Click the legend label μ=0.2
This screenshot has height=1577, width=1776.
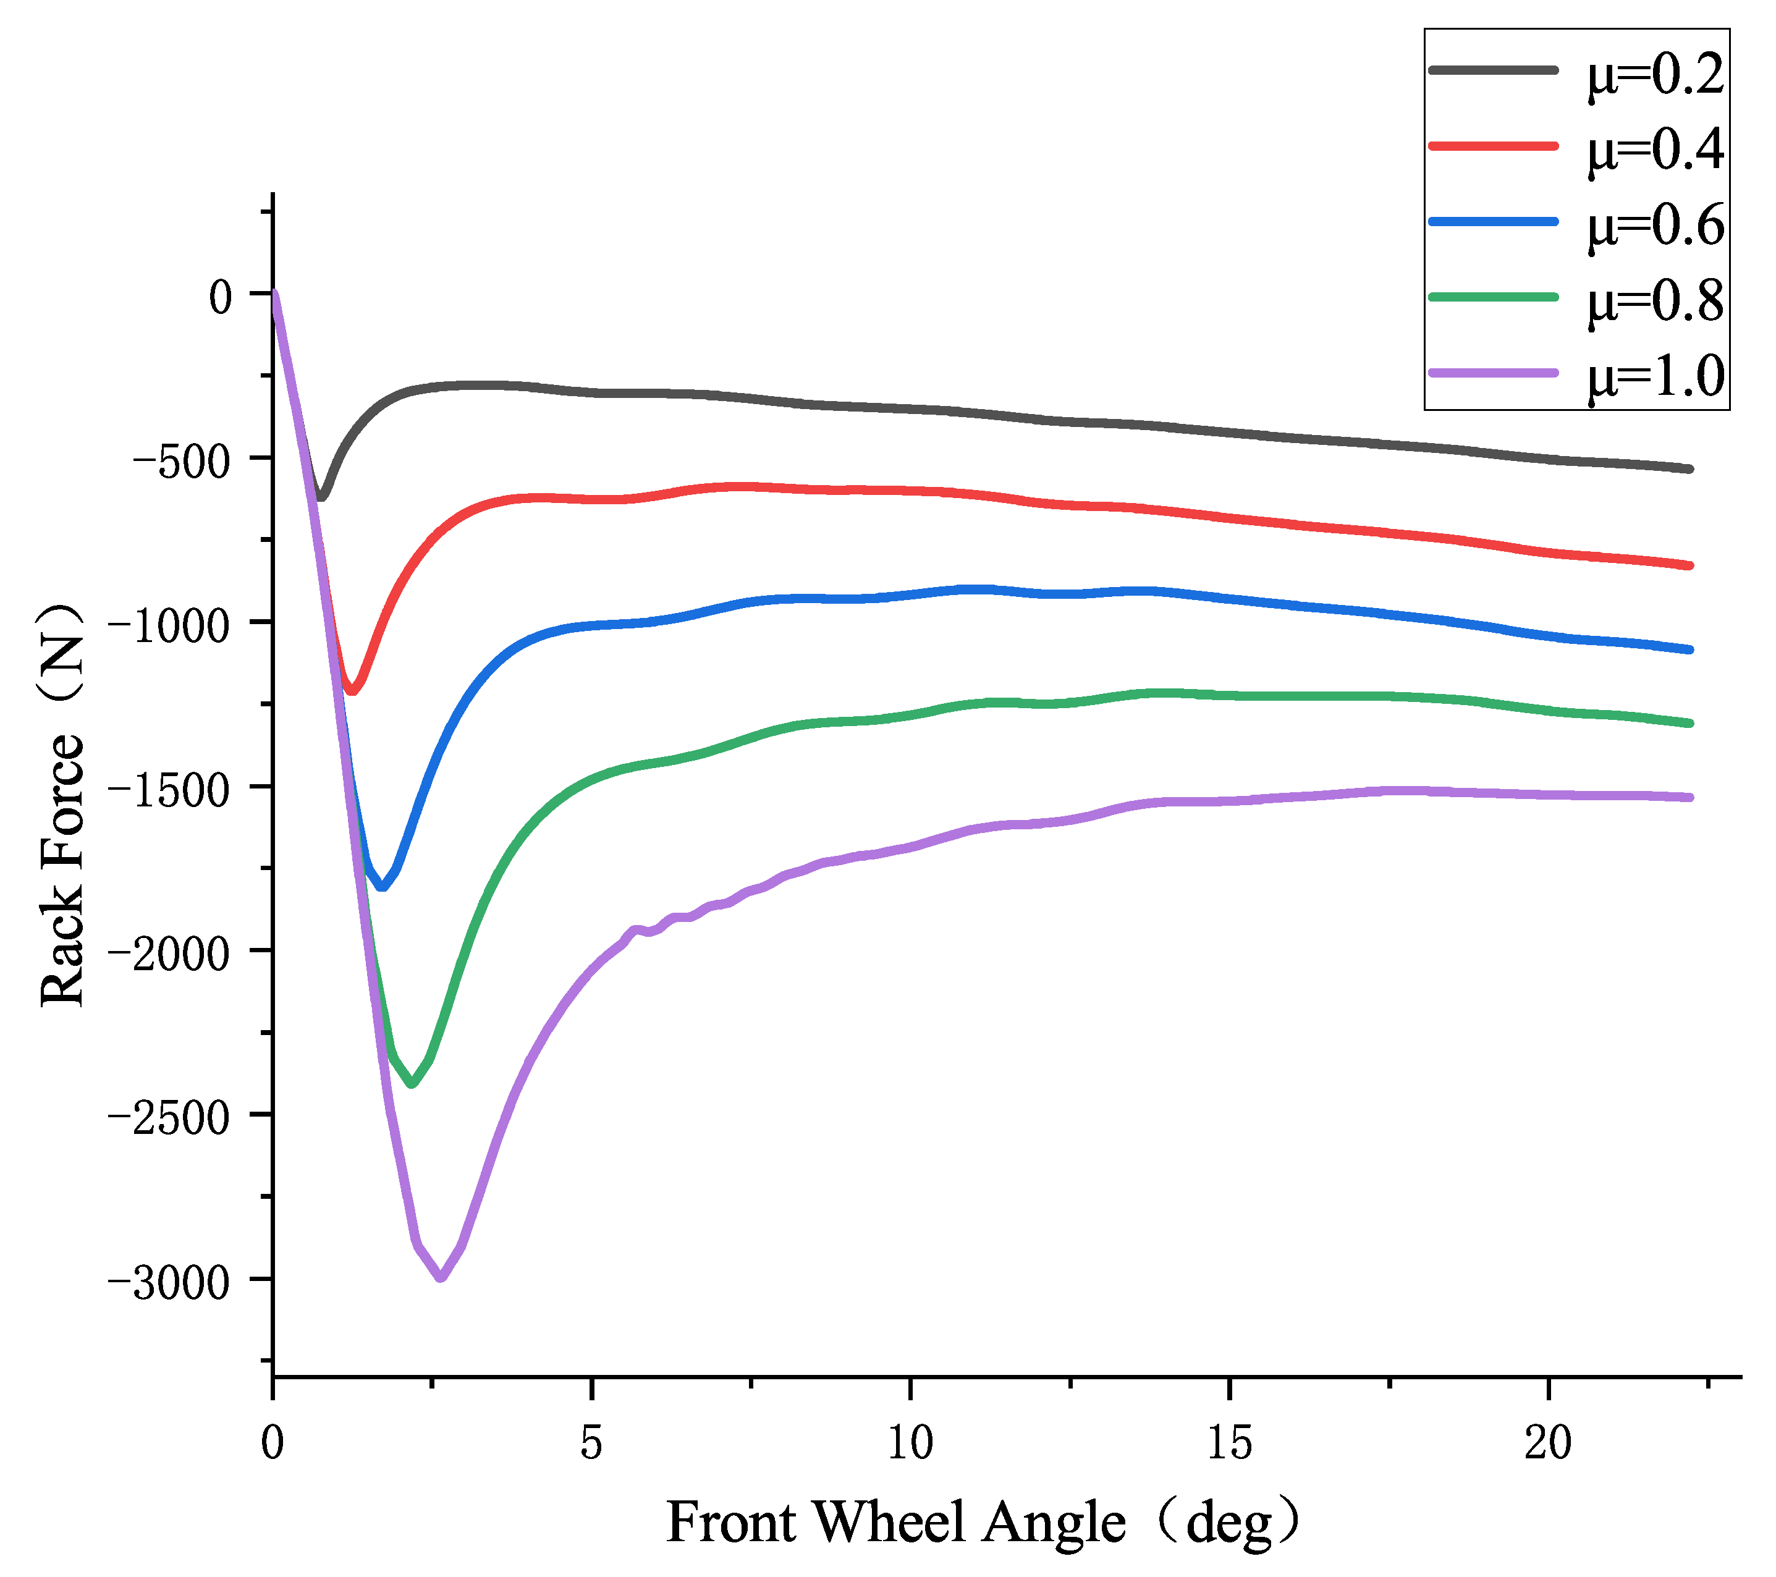click(1655, 75)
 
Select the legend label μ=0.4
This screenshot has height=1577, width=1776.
click(1655, 150)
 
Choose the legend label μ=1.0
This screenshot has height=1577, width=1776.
click(1655, 377)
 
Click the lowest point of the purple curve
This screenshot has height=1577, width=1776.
click(441, 1277)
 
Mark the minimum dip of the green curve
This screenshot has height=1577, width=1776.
click(412, 1083)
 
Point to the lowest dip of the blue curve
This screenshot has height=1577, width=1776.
click(381, 887)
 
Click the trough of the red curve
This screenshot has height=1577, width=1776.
click(352, 691)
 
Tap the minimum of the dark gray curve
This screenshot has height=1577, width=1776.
click(321, 498)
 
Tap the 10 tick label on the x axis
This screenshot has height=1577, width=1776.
click(910, 1443)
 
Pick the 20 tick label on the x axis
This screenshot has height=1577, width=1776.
click(1547, 1443)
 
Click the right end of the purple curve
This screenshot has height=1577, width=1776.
click(1689, 797)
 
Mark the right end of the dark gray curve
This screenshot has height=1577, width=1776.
click(1689, 469)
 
